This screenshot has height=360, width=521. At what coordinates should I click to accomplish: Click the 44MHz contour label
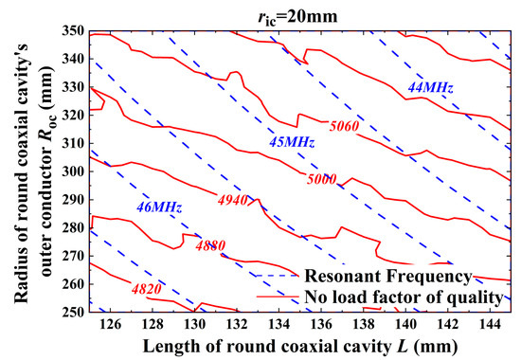(x=429, y=88)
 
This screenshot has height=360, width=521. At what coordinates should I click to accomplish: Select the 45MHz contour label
(x=292, y=142)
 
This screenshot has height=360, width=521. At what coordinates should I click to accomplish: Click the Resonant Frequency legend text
(x=387, y=277)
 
